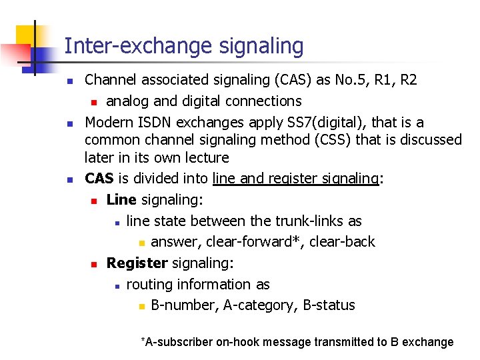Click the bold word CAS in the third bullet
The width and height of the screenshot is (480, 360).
click(98, 179)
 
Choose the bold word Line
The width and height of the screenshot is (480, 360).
click(121, 199)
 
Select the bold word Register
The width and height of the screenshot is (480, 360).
click(135, 263)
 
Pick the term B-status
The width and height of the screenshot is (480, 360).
click(329, 305)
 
